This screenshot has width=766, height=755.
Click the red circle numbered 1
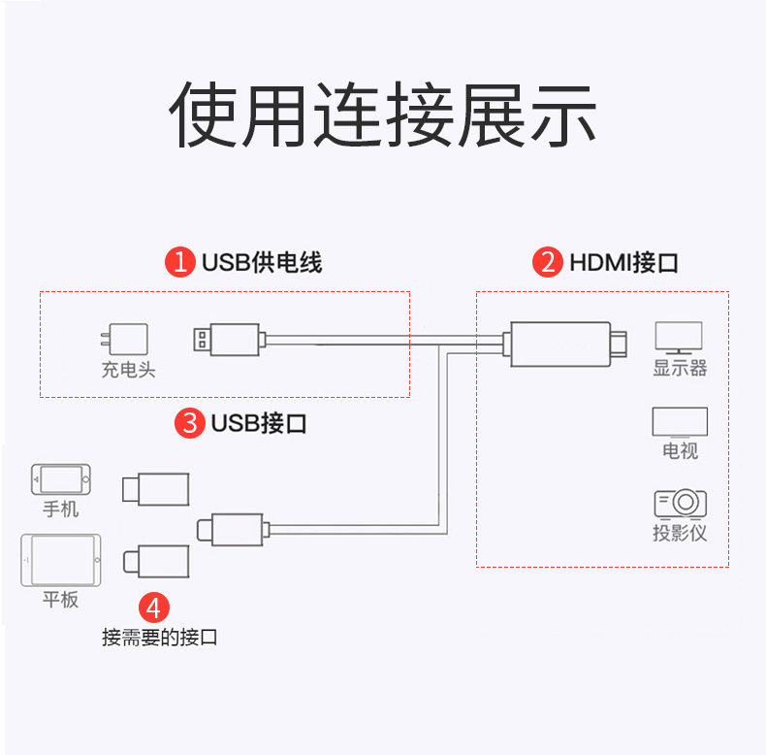point(181,262)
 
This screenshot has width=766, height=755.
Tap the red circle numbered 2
point(549,262)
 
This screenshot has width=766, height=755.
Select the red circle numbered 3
point(191,423)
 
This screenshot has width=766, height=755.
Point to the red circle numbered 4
point(154,608)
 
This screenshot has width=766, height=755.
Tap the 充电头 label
point(128,370)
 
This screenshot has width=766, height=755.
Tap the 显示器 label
point(680,369)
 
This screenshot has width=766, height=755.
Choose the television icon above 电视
point(680,422)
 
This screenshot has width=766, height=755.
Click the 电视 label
point(680,451)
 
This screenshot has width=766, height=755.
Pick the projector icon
point(680,503)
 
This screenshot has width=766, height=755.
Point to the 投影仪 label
point(680,533)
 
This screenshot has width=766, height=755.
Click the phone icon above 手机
point(60,478)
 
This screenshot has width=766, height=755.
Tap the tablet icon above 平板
point(59,560)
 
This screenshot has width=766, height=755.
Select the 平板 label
point(60,599)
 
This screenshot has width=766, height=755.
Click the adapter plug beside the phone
point(155,488)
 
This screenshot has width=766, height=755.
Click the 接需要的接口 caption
point(160,638)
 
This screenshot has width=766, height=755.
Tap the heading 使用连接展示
point(383,115)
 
